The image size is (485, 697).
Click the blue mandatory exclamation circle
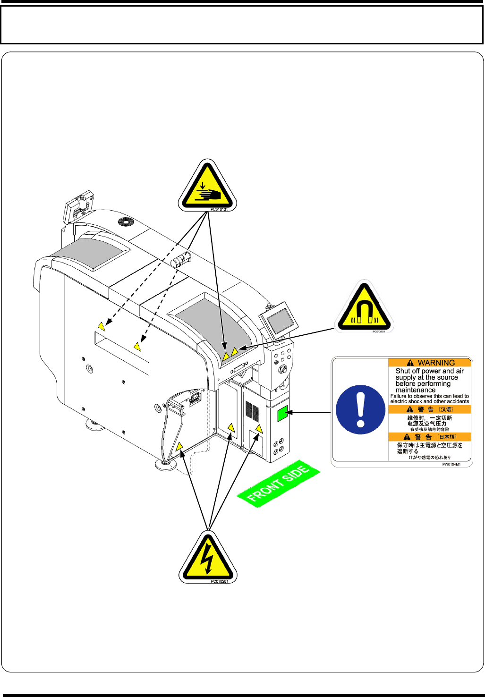[x=360, y=409]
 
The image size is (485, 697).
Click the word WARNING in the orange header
[x=436, y=363]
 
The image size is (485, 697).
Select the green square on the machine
[x=282, y=413]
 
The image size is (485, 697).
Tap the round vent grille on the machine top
[x=127, y=221]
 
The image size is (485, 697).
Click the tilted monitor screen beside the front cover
[x=280, y=321]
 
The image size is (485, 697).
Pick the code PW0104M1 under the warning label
[x=451, y=465]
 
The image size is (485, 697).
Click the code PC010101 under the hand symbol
[x=219, y=209]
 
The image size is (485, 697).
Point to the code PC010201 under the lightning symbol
[x=219, y=581]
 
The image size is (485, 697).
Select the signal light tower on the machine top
[x=181, y=260]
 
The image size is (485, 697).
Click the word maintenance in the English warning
[x=416, y=390]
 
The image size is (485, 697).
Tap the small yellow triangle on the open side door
[x=179, y=446]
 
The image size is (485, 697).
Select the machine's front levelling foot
[x=166, y=465]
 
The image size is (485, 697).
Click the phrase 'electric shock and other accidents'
[x=429, y=401]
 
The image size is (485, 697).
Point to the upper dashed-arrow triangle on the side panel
[x=101, y=326]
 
